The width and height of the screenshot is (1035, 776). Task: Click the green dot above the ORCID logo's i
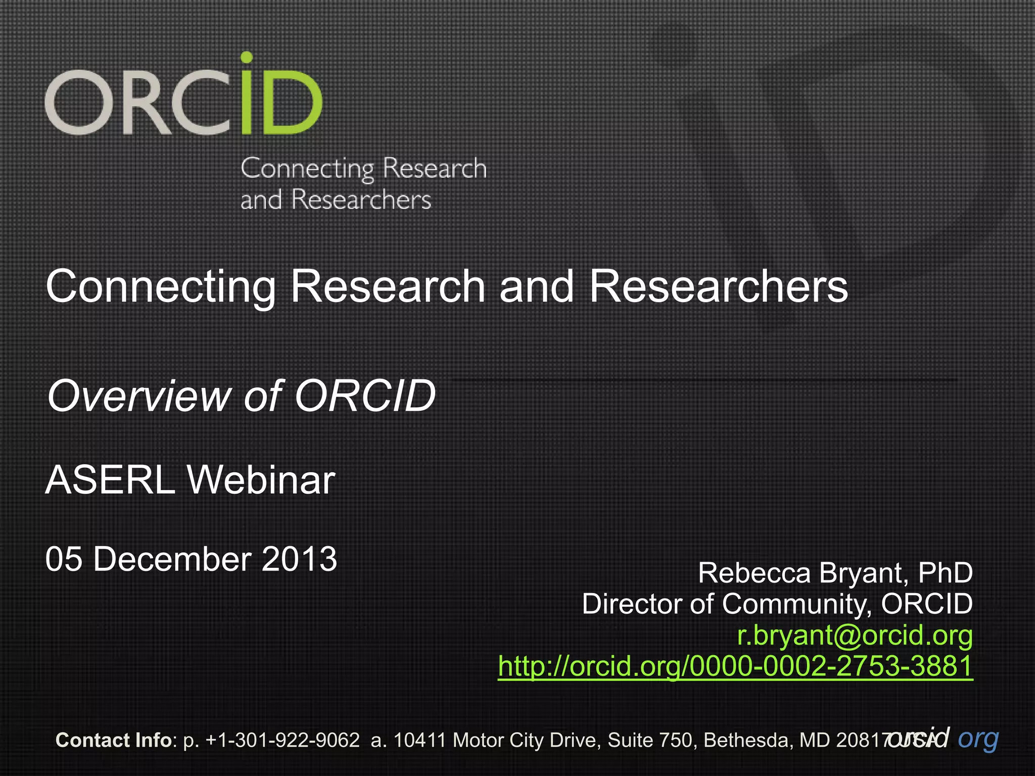click(246, 57)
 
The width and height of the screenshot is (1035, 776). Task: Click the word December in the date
click(172, 559)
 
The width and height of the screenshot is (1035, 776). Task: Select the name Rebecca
click(754, 573)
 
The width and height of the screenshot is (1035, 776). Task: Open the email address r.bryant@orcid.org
click(855, 636)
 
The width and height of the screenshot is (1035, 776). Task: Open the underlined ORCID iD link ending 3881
click(735, 666)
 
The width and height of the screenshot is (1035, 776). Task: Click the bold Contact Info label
click(114, 740)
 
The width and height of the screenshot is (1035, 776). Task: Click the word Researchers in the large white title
click(718, 286)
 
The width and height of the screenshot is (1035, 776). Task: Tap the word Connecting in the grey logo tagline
click(307, 169)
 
